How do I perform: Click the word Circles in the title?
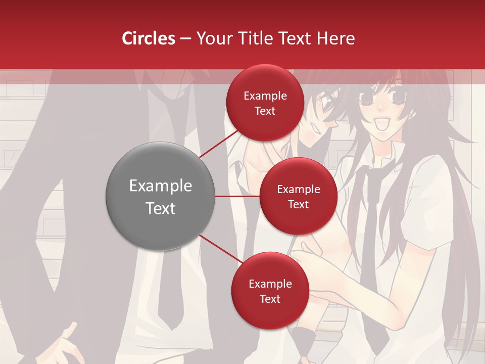[x=148, y=38]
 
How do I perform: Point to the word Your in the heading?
[x=212, y=38]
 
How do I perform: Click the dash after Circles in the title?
[x=185, y=39]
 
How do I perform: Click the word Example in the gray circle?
[x=161, y=186]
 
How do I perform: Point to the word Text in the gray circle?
[x=161, y=208]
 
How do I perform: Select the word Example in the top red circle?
[x=265, y=96]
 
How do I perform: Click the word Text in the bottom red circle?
[x=270, y=299]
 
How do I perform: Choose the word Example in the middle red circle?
[x=299, y=190]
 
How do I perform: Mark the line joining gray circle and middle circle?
[x=237, y=196]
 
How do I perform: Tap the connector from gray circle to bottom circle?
[x=220, y=249]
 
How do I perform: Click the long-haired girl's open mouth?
[x=385, y=123]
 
